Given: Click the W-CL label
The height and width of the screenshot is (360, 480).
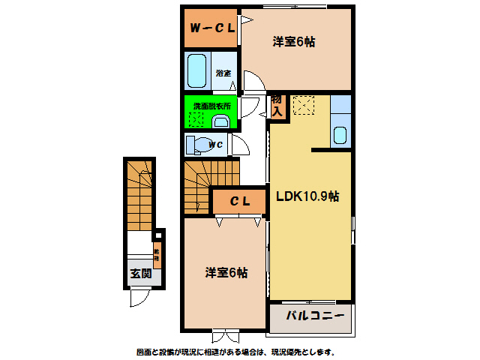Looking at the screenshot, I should coord(212,28).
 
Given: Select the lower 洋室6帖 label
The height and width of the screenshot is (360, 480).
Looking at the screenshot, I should coord(226,273).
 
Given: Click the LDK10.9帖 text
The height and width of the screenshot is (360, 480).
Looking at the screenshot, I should coord(307,196).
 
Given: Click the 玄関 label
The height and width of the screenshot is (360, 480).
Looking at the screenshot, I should coord(141,274).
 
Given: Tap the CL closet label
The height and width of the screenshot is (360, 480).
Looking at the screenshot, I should coord(239,201).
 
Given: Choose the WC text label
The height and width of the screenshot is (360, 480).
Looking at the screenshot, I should coord(215,145).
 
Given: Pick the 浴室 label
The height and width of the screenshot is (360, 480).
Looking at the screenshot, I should coord(223,73).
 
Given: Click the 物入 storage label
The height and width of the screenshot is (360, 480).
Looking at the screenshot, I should coord(277,106).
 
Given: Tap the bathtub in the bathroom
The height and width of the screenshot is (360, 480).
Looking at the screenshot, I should coord(197,71).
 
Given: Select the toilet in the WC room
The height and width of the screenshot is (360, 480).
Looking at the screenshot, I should coord(198,144).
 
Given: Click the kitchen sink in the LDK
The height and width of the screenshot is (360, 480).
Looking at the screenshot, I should coord(340,136).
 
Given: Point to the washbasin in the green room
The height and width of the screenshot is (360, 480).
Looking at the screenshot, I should coord(222,121).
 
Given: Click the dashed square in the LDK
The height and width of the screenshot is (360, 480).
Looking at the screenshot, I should coord(304,106).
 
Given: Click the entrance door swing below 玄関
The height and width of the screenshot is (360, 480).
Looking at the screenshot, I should coord(139,298).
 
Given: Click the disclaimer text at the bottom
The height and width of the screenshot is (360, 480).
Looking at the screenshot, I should coord(235,352).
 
